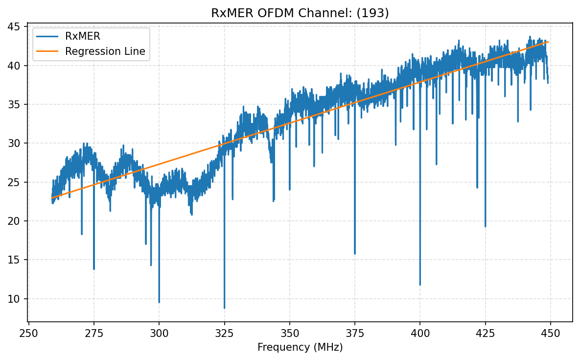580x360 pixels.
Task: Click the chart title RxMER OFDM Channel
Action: pyautogui.click(x=300, y=13)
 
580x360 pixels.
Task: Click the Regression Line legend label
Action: pyautogui.click(x=105, y=51)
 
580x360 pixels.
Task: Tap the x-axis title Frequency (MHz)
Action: pyautogui.click(x=300, y=347)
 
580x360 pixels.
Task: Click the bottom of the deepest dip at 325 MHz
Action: pyautogui.click(x=224, y=308)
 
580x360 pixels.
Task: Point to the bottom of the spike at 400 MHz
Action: pyautogui.click(x=420, y=285)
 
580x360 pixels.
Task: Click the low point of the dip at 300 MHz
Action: pyautogui.click(x=159, y=302)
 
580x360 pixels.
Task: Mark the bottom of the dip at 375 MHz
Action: pyautogui.click(x=355, y=253)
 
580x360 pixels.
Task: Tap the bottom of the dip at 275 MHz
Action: pyautogui.click(x=94, y=269)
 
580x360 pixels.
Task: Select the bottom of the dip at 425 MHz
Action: pyautogui.click(x=485, y=226)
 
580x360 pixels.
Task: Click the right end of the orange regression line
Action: pyautogui.click(x=548, y=42)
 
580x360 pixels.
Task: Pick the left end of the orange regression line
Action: pyautogui.click(x=52, y=198)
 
